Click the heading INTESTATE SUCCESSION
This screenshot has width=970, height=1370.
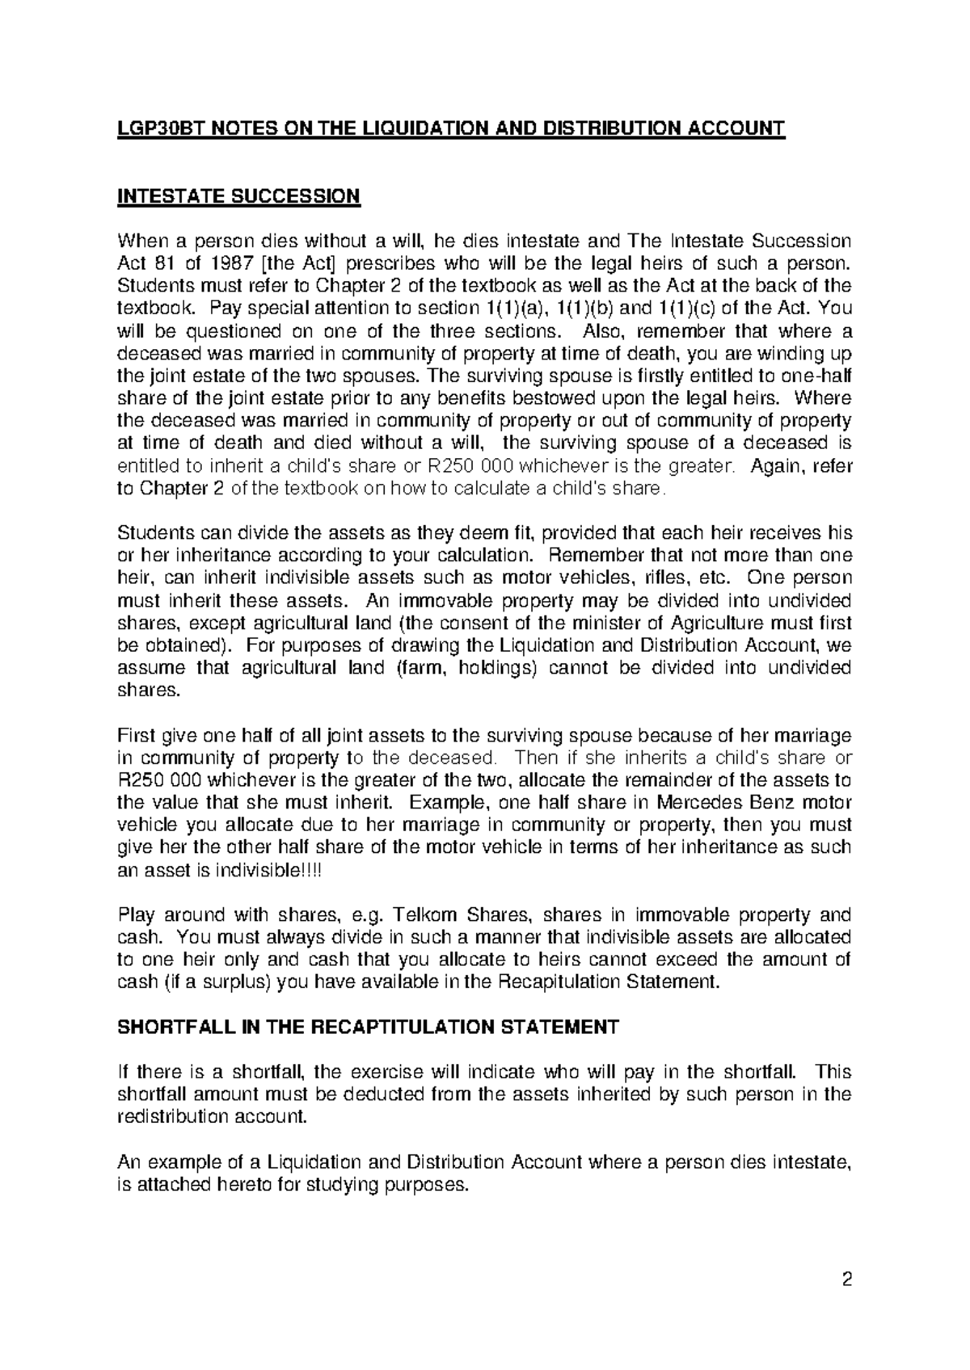tap(238, 196)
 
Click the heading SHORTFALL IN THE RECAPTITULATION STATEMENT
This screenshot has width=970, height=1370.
tap(368, 1027)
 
